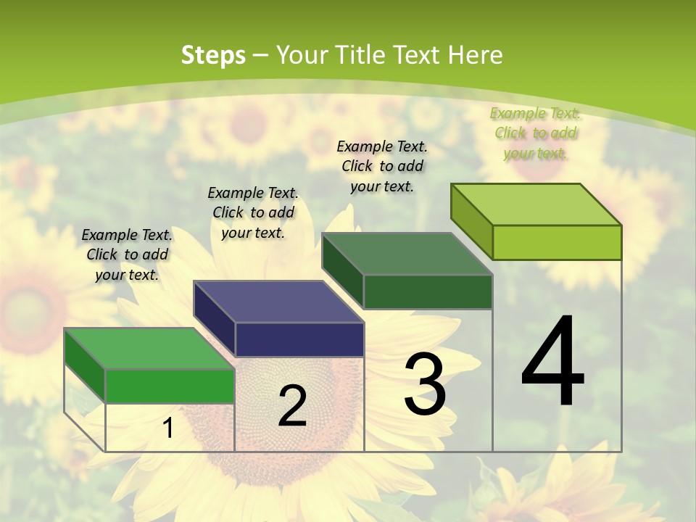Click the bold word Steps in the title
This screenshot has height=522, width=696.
213,55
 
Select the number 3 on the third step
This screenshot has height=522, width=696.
425,384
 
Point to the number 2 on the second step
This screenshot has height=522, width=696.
292,406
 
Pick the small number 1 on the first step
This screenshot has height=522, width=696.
167,428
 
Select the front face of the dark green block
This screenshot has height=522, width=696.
428,292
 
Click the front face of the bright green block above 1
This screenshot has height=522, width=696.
170,386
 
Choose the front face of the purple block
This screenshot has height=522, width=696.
299,339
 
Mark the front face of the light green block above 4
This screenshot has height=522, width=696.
557,242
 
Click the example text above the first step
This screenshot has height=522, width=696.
127,254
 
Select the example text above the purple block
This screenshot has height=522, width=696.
253,212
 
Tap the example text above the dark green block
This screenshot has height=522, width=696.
382,166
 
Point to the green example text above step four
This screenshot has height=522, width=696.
536,133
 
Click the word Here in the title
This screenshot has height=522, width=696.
475,55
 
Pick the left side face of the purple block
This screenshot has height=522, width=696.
215,318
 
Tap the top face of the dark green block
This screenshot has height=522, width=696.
407,254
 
